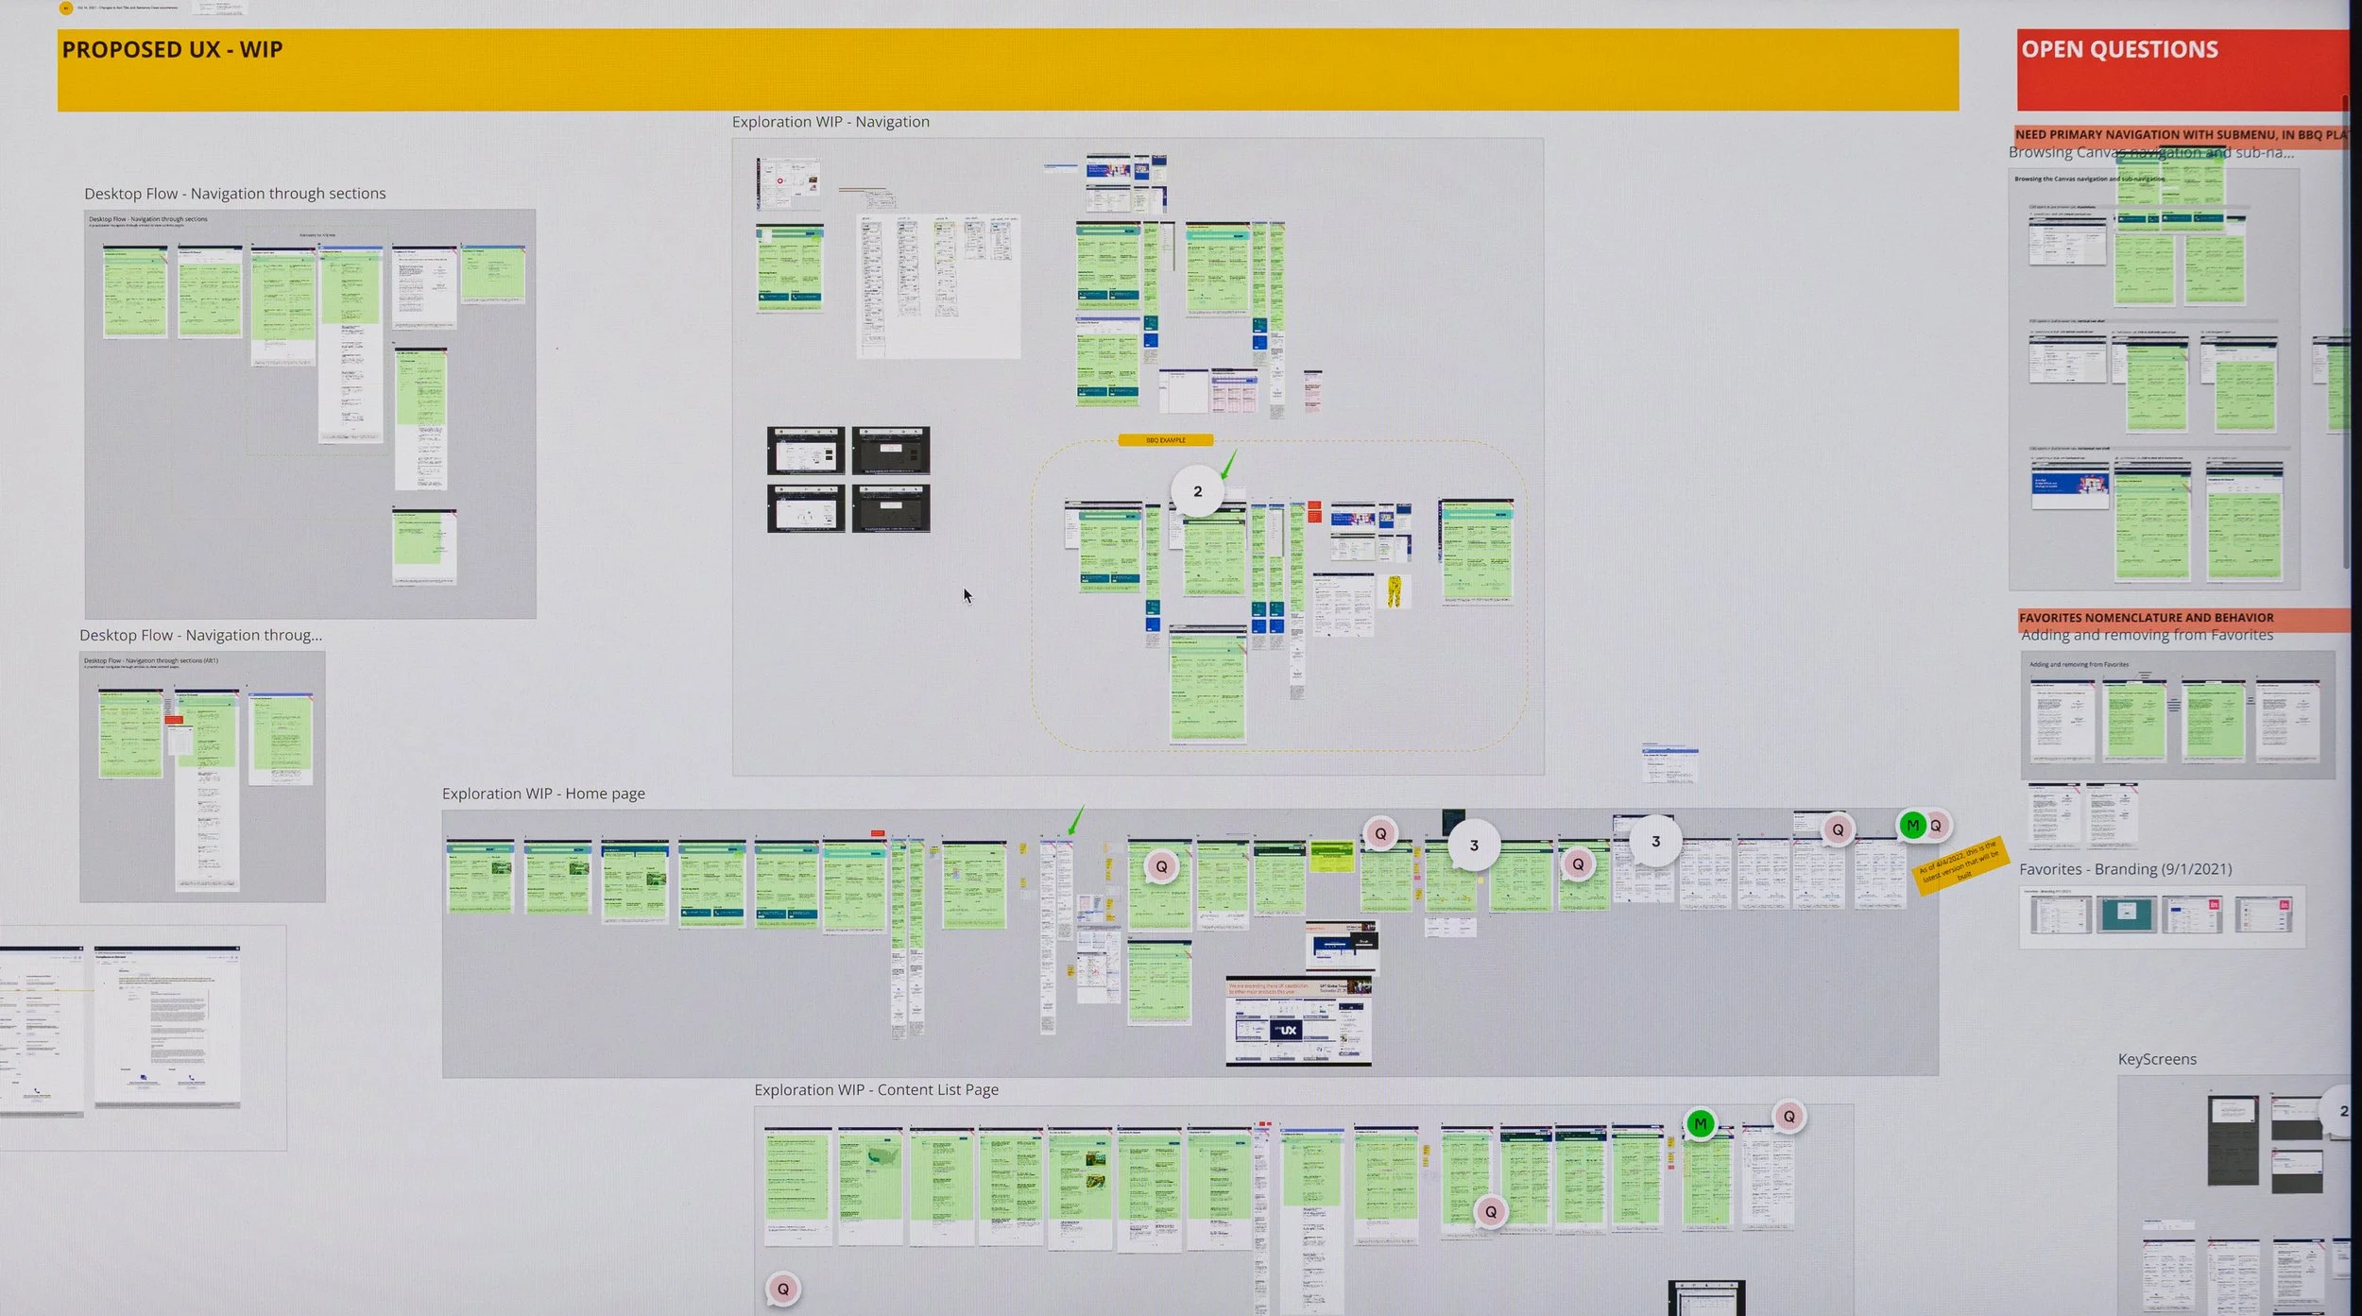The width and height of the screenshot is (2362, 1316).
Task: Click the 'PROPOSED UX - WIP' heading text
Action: (x=172, y=50)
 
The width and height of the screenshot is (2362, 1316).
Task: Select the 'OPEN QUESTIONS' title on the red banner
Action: (x=2119, y=50)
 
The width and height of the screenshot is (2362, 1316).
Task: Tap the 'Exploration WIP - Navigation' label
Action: (x=830, y=122)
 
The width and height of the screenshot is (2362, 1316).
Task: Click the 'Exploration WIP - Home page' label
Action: (x=543, y=794)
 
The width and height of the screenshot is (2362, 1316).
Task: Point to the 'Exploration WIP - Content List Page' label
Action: (x=876, y=1089)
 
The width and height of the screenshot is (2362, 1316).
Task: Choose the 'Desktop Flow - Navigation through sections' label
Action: (x=234, y=194)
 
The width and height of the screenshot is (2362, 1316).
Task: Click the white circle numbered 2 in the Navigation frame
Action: (x=1197, y=491)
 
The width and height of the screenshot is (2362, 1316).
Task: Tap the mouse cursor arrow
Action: (x=967, y=594)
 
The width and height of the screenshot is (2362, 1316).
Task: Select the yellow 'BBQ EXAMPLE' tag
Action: (x=1165, y=440)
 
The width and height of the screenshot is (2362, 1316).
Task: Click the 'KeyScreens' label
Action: (x=2157, y=1059)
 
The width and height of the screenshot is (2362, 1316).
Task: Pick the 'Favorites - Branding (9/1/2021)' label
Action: (x=2125, y=869)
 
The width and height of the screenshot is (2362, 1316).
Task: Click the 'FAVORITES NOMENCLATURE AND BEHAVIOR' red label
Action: (x=2146, y=618)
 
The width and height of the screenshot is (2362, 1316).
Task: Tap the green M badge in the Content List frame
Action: (x=1700, y=1123)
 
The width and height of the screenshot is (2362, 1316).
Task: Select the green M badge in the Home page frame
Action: (x=1912, y=826)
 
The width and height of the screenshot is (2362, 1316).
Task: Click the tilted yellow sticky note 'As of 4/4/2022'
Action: (x=1960, y=863)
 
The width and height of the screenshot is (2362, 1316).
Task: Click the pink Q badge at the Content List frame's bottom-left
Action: (x=782, y=1289)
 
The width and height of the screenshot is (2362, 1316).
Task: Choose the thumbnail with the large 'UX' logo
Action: (x=1288, y=1030)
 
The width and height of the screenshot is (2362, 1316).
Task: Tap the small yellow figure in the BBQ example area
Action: (x=1394, y=590)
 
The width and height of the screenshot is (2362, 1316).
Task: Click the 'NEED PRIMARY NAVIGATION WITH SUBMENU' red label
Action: (x=2180, y=135)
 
